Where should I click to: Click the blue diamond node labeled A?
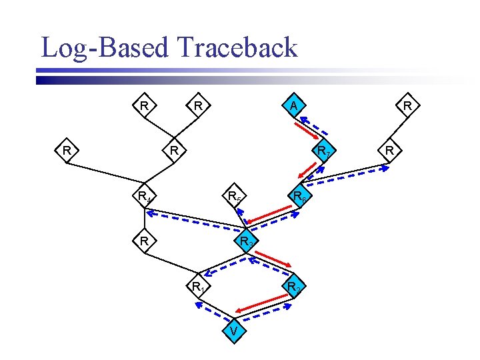coord(293,105)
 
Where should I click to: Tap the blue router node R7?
coord(323,151)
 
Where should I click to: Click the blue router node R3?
coord(245,241)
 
